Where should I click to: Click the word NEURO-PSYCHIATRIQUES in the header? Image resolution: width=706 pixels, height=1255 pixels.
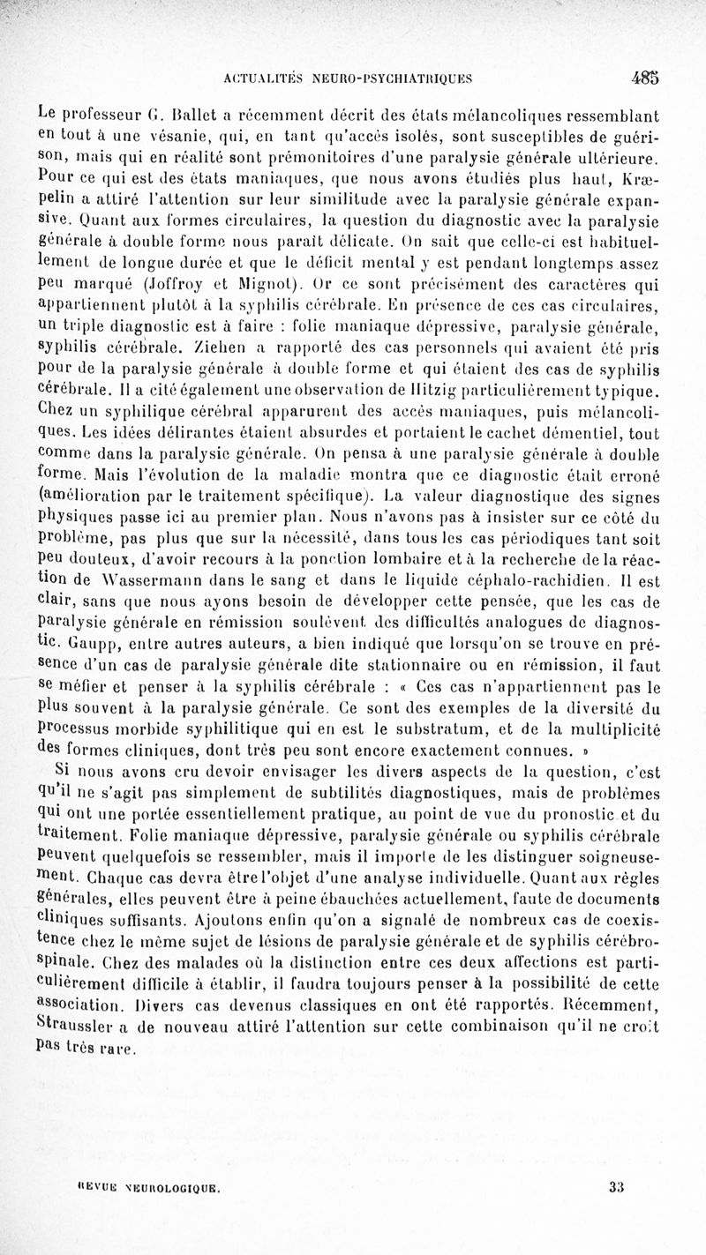[393, 78]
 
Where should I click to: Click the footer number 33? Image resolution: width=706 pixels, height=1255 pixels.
[616, 1187]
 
